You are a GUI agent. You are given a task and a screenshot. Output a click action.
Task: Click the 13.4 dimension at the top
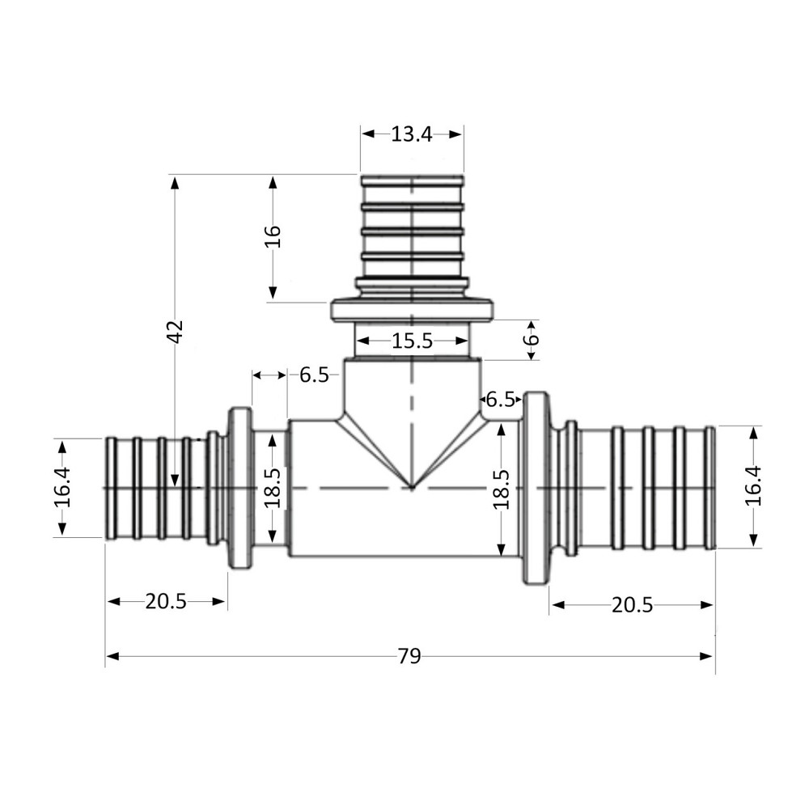pos(412,134)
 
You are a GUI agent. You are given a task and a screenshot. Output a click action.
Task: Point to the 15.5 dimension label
pos(412,341)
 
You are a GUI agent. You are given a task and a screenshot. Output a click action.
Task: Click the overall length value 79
pos(409,656)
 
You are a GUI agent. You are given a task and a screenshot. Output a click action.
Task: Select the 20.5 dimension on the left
pos(166,601)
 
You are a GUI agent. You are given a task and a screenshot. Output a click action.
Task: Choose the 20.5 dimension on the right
pos(632,605)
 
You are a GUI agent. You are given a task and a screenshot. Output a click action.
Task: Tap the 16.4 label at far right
pos(754,487)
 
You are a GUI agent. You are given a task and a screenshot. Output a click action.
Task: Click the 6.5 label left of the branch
pos(314,375)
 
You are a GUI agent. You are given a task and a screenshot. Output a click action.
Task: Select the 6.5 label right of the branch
pos(500,399)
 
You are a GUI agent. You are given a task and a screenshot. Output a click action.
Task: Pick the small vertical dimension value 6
pos(530,333)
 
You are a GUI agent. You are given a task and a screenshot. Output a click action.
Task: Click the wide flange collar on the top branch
pos(413,311)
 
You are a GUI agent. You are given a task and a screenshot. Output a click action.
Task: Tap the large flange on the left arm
pos(240,489)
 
